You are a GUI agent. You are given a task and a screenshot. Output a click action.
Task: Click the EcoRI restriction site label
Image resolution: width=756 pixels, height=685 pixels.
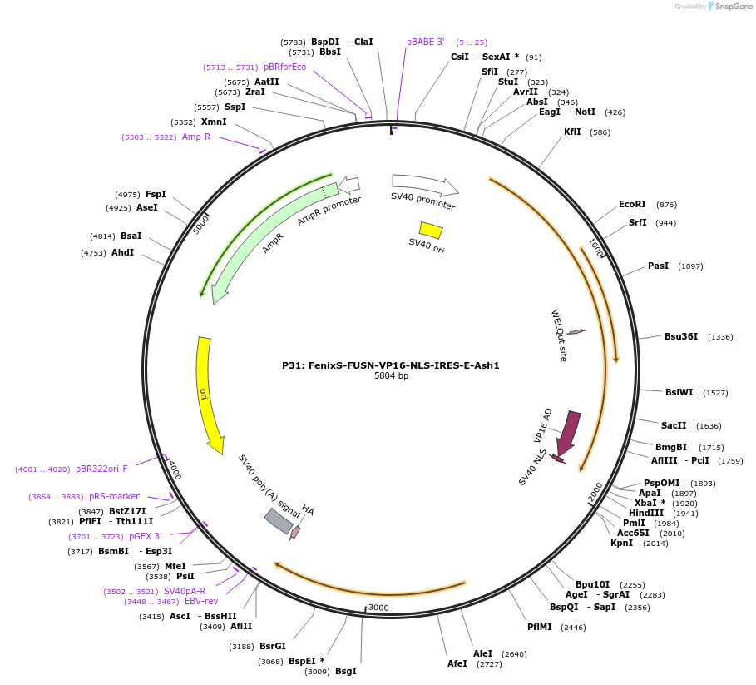pyautogui.click(x=632, y=204)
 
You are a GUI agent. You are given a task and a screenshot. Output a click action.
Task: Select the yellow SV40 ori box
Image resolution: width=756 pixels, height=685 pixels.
pyautogui.click(x=431, y=231)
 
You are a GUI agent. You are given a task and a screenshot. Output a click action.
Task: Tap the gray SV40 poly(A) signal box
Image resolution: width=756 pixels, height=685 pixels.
pyautogui.click(x=278, y=521)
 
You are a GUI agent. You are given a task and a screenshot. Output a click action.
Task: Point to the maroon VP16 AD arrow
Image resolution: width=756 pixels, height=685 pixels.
pyautogui.click(x=568, y=433)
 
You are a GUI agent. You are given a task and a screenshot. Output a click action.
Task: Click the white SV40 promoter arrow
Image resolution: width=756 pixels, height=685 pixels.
pyautogui.click(x=424, y=184)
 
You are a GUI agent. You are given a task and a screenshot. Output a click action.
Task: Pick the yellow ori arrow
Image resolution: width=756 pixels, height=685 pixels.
pyautogui.click(x=208, y=395)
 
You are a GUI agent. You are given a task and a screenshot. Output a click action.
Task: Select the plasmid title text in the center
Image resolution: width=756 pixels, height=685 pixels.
pyautogui.click(x=391, y=365)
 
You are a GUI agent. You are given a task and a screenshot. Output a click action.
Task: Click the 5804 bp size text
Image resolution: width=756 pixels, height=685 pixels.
pyautogui.click(x=391, y=375)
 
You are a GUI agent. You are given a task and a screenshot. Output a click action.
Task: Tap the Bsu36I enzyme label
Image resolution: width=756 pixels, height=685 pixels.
pyautogui.click(x=681, y=336)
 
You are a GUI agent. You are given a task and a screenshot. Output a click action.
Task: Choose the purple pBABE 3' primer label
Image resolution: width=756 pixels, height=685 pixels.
pyautogui.click(x=425, y=42)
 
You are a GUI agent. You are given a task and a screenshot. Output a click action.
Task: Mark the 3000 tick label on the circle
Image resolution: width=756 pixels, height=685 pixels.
pyautogui.click(x=378, y=608)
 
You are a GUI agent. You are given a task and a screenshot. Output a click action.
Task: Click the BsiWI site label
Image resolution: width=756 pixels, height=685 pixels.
pyautogui.click(x=679, y=392)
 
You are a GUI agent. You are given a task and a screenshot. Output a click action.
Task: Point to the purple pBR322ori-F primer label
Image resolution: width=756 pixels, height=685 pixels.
pyautogui.click(x=101, y=469)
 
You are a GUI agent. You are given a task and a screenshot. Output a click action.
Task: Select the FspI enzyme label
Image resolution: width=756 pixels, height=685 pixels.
pyautogui.click(x=156, y=194)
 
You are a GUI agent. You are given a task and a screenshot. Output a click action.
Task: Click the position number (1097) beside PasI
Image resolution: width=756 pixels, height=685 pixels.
pyautogui.click(x=690, y=266)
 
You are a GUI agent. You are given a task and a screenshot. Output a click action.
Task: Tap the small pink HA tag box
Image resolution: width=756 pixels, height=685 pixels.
pyautogui.click(x=295, y=532)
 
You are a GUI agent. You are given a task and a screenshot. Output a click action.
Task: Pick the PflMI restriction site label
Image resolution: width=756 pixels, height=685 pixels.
pyautogui.click(x=540, y=627)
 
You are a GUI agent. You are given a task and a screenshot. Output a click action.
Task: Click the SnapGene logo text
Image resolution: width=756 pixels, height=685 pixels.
pyautogui.click(x=734, y=7)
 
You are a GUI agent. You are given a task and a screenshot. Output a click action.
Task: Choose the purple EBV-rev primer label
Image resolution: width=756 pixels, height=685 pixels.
pyautogui.click(x=201, y=601)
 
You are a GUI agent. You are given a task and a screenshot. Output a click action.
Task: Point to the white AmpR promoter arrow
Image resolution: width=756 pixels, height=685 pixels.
pyautogui.click(x=349, y=184)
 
